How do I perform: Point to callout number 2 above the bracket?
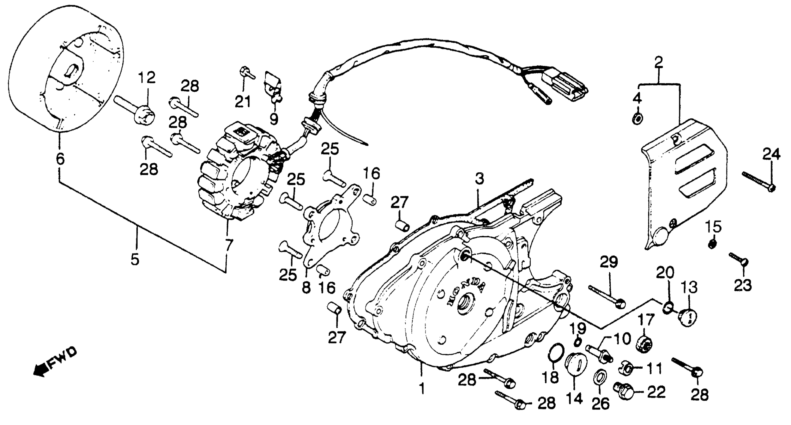(658, 62)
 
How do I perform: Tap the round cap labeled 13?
(688, 317)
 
